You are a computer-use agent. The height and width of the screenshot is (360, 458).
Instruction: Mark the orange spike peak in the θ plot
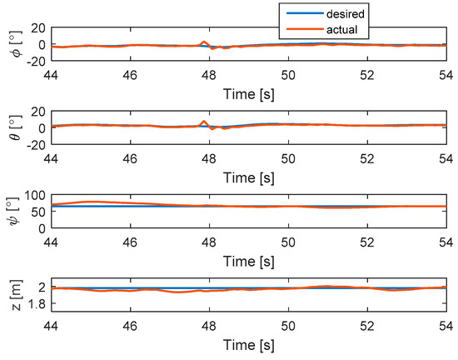(204, 122)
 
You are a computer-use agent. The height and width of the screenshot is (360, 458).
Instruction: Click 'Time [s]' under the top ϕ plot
(247, 86)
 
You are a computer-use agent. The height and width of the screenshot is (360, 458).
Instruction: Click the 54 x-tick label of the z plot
(446, 323)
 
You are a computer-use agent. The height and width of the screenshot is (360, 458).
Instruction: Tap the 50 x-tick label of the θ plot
(288, 157)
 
